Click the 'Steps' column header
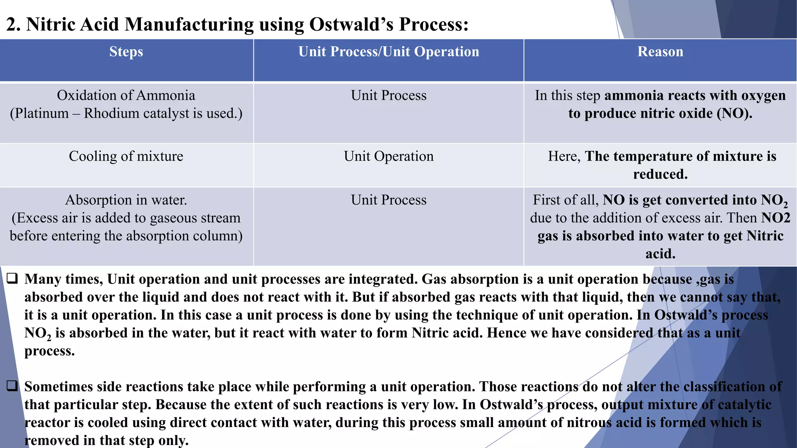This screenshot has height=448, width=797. click(x=126, y=52)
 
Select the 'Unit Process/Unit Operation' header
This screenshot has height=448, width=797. click(x=388, y=52)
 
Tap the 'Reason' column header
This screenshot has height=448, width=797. click(x=660, y=52)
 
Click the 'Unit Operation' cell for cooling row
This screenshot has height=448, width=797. click(x=388, y=156)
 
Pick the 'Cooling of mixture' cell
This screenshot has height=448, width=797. click(x=126, y=156)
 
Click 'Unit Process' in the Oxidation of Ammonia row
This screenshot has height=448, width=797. click(x=388, y=96)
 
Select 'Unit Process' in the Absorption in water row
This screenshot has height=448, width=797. click(x=388, y=200)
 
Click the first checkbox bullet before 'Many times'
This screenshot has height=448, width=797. click(x=12, y=278)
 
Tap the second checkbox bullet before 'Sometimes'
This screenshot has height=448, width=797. click(x=12, y=386)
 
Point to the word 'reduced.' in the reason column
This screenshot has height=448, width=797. click(x=660, y=174)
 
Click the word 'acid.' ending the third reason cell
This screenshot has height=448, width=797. click(x=660, y=254)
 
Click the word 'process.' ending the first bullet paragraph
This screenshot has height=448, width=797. click(x=49, y=351)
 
